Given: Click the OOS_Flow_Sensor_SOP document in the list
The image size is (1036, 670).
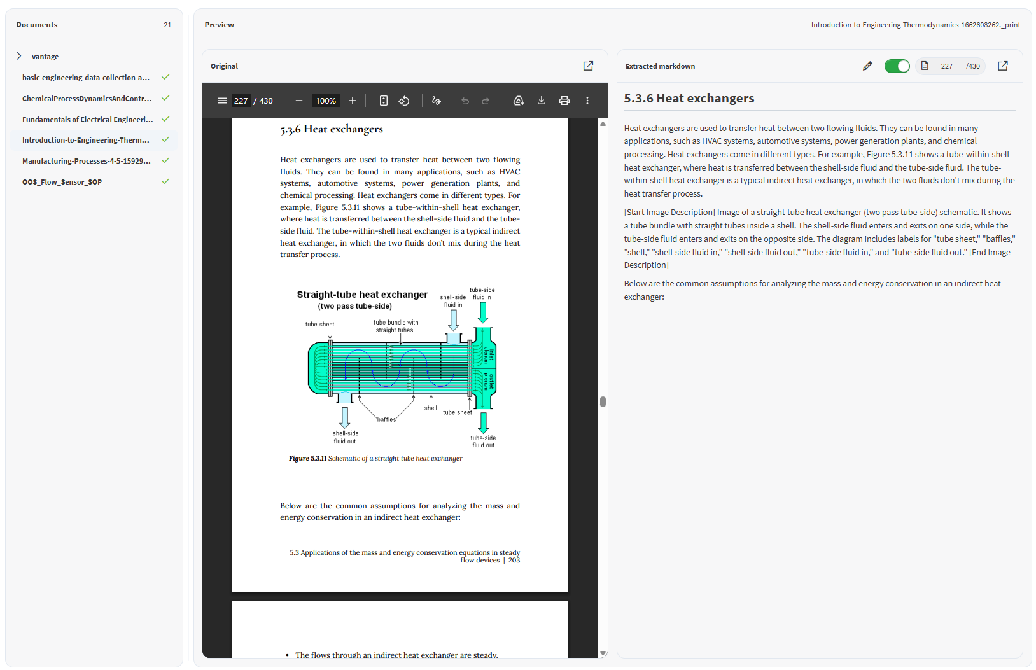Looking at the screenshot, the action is tap(62, 182).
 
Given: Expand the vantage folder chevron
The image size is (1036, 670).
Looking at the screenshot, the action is tap(19, 56).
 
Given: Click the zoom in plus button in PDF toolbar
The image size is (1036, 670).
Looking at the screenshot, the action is tap(353, 101).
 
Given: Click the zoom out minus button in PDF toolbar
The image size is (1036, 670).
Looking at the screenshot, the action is tap(299, 101).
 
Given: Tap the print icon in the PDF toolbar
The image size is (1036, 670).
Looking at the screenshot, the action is tap(564, 101).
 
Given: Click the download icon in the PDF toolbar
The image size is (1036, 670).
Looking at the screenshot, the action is tap(541, 101).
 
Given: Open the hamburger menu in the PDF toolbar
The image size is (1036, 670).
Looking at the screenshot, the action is tap(223, 101).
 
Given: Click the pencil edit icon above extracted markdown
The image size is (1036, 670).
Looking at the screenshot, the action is tap(867, 66).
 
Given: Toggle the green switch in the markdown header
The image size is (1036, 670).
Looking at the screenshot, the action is tap(897, 66).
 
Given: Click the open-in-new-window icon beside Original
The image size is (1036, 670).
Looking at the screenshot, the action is tap(588, 66).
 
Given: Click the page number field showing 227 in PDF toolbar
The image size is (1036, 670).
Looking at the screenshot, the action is tap(241, 101).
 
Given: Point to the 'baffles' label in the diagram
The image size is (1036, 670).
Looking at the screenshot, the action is tap(386, 419).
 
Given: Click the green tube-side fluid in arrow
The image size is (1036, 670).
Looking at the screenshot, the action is tap(483, 312).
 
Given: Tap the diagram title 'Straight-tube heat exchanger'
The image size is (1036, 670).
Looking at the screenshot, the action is tap(362, 295).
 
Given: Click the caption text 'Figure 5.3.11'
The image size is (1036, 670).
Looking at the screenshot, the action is tap(307, 458).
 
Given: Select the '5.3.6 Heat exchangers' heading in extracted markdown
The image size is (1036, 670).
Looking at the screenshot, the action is tap(689, 99).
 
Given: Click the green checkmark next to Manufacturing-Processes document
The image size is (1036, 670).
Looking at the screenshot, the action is tap(165, 160).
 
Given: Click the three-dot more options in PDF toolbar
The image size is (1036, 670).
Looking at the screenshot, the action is tap(587, 101).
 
